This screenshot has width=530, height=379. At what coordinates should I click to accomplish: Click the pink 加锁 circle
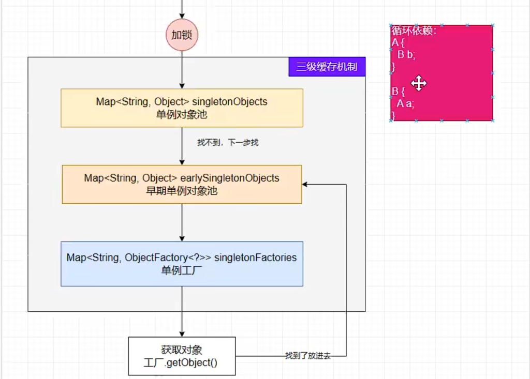click(182, 35)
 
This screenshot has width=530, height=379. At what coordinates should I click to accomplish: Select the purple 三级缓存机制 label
click(327, 67)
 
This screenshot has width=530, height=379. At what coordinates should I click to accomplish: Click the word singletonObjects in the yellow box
click(229, 102)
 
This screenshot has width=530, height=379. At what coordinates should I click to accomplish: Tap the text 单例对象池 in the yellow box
click(182, 114)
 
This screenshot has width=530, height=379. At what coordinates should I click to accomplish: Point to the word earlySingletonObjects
click(230, 178)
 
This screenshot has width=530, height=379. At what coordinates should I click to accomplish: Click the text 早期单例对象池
click(182, 191)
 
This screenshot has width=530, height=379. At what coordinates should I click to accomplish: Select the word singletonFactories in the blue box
click(255, 257)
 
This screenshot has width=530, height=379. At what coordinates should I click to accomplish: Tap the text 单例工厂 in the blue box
click(182, 270)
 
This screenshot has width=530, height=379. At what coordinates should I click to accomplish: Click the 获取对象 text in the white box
click(182, 350)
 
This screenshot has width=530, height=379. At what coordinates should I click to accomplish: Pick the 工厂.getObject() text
click(181, 363)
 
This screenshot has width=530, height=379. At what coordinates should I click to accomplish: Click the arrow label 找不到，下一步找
click(228, 143)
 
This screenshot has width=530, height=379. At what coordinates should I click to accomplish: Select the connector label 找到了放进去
click(308, 356)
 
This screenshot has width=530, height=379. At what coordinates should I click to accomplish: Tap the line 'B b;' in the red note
click(406, 54)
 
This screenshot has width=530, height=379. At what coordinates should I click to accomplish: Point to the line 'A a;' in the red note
click(405, 103)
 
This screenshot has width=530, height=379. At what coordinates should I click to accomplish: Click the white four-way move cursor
click(419, 83)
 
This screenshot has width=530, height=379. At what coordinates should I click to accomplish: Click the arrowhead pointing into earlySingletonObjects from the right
click(304, 185)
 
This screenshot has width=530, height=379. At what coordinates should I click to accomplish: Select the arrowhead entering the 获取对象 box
click(182, 334)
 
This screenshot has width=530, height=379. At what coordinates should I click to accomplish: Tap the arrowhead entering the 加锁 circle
click(182, 16)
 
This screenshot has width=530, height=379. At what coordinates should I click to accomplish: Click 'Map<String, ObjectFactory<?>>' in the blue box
click(139, 257)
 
